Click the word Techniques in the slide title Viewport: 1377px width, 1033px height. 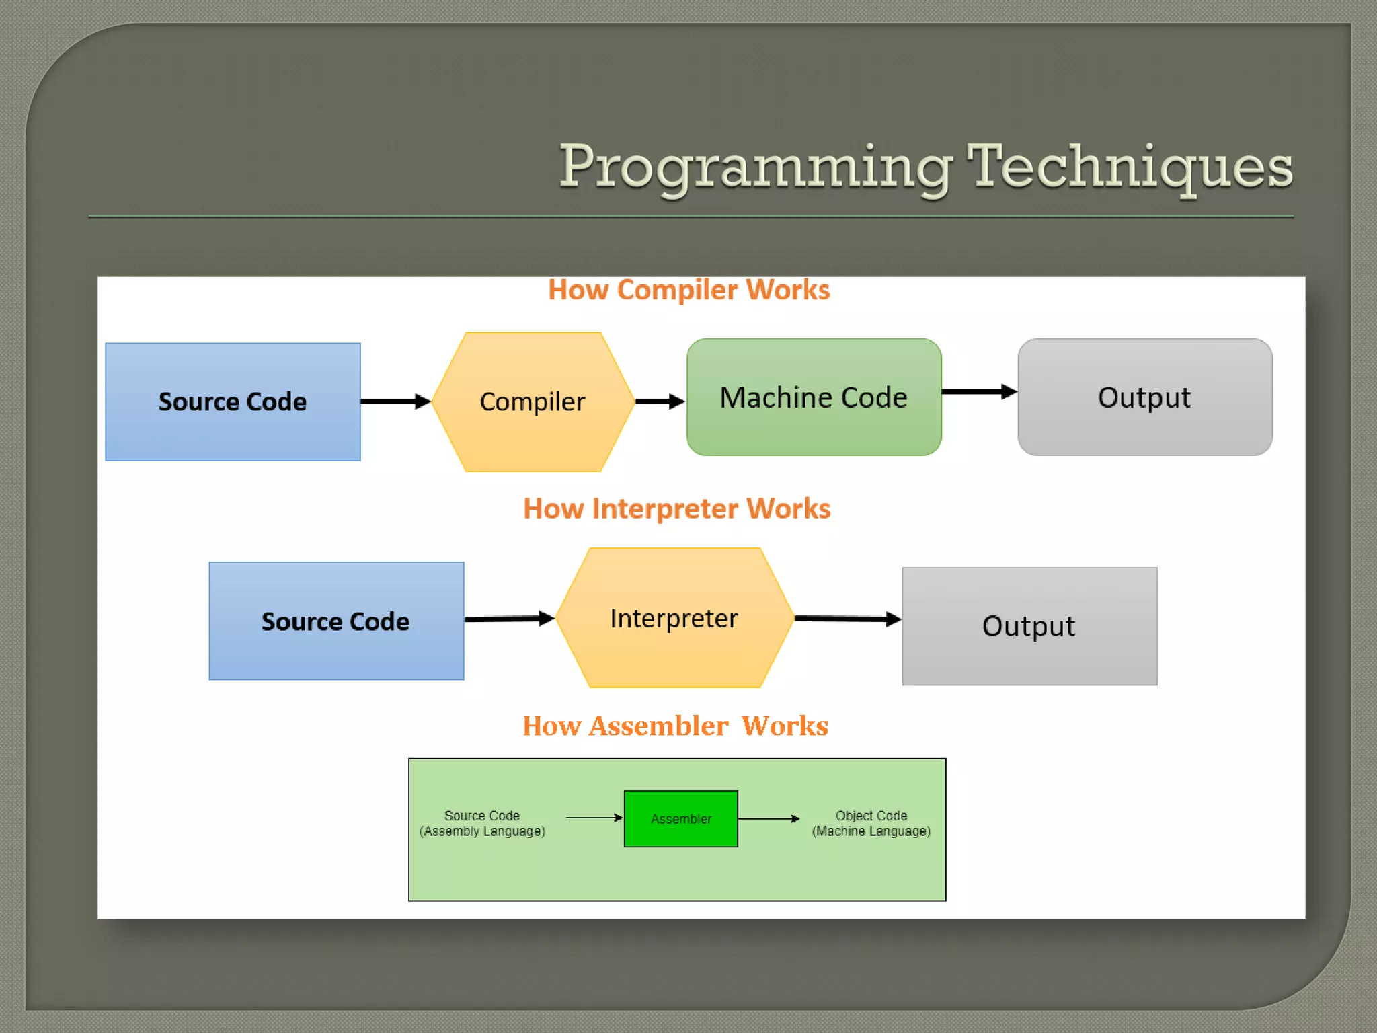point(1130,167)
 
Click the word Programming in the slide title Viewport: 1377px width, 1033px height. point(756,167)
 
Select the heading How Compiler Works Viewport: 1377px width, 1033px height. point(688,290)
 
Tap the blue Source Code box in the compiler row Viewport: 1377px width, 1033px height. point(233,401)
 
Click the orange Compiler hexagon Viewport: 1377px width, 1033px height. point(533,401)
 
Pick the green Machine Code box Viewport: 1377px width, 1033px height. point(814,397)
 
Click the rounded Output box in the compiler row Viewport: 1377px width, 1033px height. point(1144,397)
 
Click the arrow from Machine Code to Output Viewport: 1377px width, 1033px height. point(978,391)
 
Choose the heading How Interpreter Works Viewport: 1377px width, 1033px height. point(676,508)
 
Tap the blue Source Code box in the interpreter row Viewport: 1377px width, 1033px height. point(336,621)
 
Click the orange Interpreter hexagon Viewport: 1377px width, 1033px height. point(674,618)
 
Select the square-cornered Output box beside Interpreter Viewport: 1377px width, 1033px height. point(1029,625)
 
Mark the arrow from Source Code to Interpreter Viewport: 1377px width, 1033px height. point(508,619)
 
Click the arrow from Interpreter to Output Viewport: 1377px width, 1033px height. point(847,619)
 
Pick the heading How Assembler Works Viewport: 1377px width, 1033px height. point(675,726)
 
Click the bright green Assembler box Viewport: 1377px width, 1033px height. point(680,818)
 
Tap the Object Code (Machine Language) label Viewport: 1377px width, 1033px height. point(871,823)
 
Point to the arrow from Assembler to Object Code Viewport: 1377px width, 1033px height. point(769,818)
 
